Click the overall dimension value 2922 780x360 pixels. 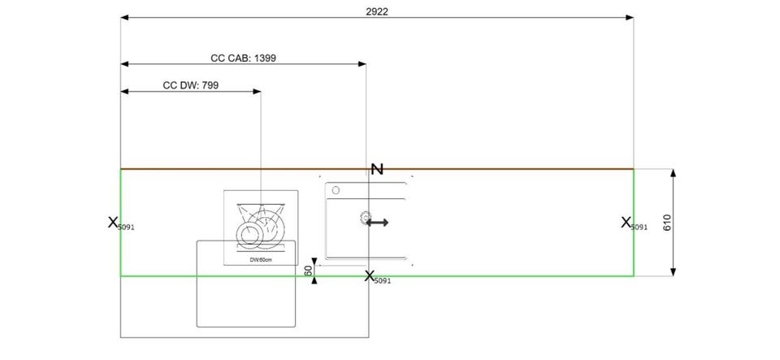pos(376,11)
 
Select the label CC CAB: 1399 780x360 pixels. pos(244,59)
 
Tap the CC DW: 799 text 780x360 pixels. pos(190,85)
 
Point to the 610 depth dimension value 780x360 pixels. pos(666,223)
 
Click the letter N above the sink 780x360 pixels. pos(376,169)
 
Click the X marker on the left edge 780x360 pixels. pos(112,221)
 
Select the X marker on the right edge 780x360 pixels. pos(626,222)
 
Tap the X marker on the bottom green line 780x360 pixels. pos(370,275)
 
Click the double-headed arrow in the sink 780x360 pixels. pos(376,222)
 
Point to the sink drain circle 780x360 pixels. pos(363,218)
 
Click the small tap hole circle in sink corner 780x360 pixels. pos(335,191)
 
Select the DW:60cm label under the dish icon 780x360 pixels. pos(260,259)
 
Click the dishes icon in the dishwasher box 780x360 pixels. pos(260,225)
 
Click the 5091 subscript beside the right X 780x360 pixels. pos(639,228)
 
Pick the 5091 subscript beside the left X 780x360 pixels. pos(126,228)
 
